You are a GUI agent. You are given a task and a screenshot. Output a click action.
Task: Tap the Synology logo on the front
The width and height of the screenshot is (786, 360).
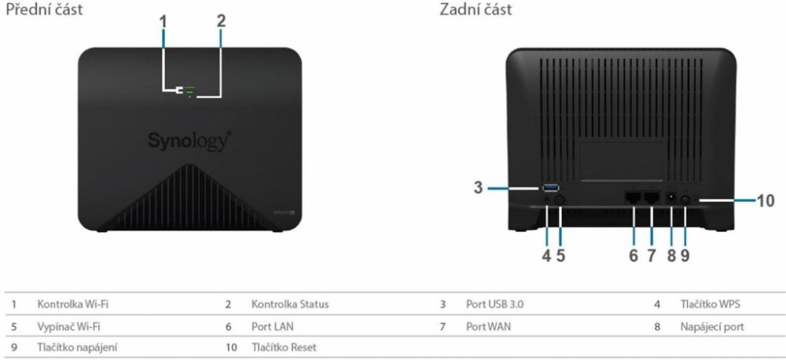point(189,141)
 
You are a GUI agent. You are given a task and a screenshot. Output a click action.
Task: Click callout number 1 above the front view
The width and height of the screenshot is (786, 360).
point(163,23)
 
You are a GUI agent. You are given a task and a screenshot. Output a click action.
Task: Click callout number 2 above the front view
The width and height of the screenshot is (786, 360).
point(221,23)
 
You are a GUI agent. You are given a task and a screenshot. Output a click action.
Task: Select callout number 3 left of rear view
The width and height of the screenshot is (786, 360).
point(477,188)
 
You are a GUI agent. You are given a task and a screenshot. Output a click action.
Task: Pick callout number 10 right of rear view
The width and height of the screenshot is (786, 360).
point(765,200)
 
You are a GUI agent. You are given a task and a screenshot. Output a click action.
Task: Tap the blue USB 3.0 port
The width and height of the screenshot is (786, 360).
point(549,188)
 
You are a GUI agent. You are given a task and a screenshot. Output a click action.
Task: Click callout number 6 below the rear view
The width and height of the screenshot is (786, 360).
point(634,255)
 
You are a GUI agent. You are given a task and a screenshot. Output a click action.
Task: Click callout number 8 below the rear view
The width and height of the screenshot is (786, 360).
point(671,255)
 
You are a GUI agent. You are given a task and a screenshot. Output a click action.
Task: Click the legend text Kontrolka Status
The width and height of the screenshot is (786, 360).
point(289,303)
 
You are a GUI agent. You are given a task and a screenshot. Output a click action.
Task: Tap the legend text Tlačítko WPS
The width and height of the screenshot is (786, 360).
point(711,303)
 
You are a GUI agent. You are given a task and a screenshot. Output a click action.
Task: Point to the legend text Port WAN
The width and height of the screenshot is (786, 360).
point(487,325)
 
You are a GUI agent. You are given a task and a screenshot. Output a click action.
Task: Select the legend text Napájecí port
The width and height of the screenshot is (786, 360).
point(712,325)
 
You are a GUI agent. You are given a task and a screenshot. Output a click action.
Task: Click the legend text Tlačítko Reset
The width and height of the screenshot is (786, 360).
point(284,346)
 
